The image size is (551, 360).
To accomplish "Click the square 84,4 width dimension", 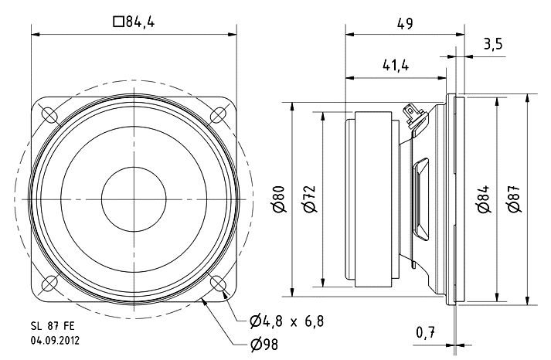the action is pyautogui.click(x=134, y=22).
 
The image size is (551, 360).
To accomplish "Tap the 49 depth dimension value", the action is pyautogui.click(x=405, y=23).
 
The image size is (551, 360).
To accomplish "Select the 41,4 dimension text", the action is pyautogui.click(x=396, y=66).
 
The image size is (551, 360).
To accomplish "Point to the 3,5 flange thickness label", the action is pyautogui.click(x=493, y=44).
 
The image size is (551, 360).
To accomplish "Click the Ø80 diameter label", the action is pyautogui.click(x=280, y=199).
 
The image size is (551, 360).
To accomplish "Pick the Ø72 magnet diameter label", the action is pyautogui.click(x=310, y=199).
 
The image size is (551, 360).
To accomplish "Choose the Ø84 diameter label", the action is pyautogui.click(x=484, y=199).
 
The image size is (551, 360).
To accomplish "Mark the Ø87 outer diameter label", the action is pyautogui.click(x=514, y=199).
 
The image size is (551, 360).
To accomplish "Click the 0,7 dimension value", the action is pyautogui.click(x=426, y=332).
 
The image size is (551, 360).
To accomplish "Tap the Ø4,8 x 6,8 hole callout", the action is pyautogui.click(x=287, y=321).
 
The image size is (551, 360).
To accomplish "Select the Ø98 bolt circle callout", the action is pyautogui.click(x=264, y=345).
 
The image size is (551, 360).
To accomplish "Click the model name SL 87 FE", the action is pyautogui.click(x=53, y=326).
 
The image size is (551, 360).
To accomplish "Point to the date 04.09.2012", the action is pyautogui.click(x=55, y=341).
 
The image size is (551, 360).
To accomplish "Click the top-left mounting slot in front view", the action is pyautogui.click(x=49, y=115).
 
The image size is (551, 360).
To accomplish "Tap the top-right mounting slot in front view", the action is pyautogui.click(x=218, y=115).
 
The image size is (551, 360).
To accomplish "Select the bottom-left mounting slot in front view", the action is pyautogui.click(x=49, y=284).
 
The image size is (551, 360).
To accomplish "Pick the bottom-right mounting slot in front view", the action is pyautogui.click(x=218, y=284).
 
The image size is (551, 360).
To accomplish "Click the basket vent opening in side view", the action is pyautogui.click(x=421, y=199).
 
